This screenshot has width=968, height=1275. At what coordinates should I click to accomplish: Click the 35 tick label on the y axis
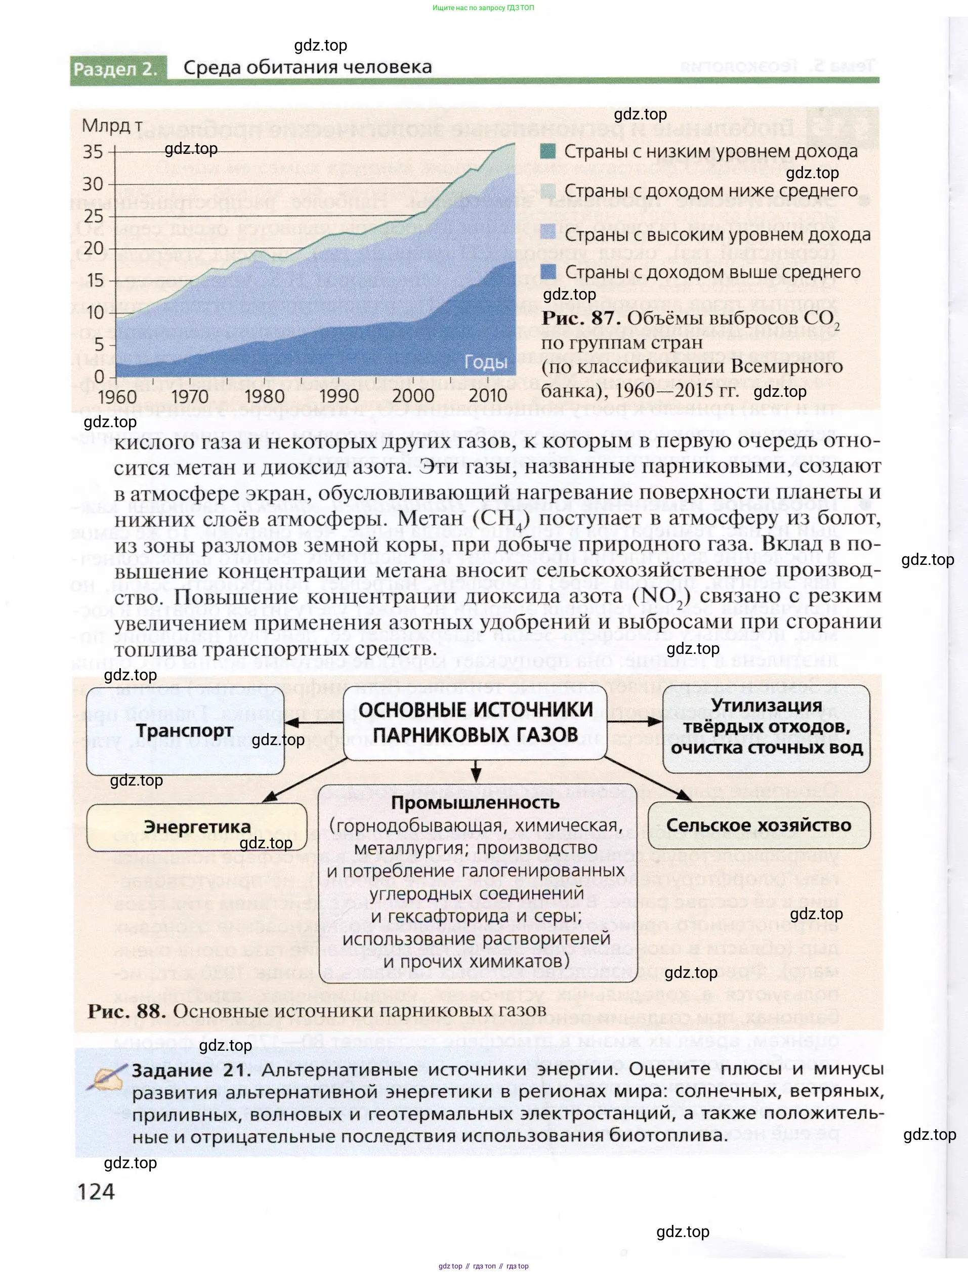tap(93, 152)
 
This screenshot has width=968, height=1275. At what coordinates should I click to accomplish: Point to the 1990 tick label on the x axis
tap(339, 396)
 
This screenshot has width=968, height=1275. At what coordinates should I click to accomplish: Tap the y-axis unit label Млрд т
tap(112, 125)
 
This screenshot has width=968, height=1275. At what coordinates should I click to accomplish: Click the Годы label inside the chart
tap(486, 362)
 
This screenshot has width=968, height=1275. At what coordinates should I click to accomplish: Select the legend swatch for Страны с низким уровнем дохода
tap(548, 152)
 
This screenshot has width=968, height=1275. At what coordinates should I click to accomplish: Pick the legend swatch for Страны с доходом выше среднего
tap(548, 272)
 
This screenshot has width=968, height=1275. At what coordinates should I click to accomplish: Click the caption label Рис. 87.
tap(581, 318)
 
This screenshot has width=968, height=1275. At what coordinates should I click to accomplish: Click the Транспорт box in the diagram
tap(185, 730)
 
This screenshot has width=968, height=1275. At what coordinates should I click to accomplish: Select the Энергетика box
tap(196, 827)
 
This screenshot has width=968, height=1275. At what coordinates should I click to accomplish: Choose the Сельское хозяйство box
tap(759, 825)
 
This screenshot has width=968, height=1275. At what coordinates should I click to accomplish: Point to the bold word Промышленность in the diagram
tap(475, 802)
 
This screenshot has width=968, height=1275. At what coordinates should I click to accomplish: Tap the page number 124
tap(96, 1191)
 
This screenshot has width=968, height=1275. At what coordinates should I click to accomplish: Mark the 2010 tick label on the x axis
tap(487, 396)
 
